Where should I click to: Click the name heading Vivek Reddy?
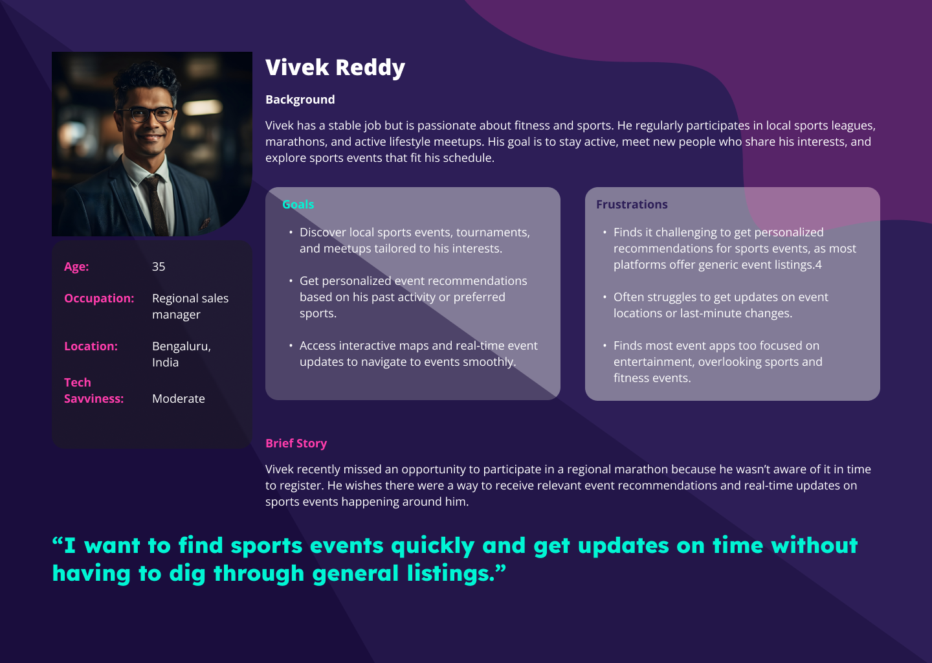(335, 68)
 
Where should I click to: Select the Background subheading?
(300, 100)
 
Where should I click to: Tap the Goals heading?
(298, 205)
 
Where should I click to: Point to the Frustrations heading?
(632, 205)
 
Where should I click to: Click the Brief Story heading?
(296, 444)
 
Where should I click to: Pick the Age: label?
(76, 266)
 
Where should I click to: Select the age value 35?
(159, 266)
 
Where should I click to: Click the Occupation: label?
(99, 298)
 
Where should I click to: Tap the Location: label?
(91, 346)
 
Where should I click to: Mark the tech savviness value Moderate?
(179, 399)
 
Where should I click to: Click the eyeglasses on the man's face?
(146, 114)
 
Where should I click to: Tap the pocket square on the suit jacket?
(205, 224)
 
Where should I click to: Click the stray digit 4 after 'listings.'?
(819, 265)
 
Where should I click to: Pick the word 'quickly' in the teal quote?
(433, 546)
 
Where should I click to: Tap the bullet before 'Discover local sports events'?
(291, 232)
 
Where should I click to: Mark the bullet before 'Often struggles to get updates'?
(605, 297)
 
